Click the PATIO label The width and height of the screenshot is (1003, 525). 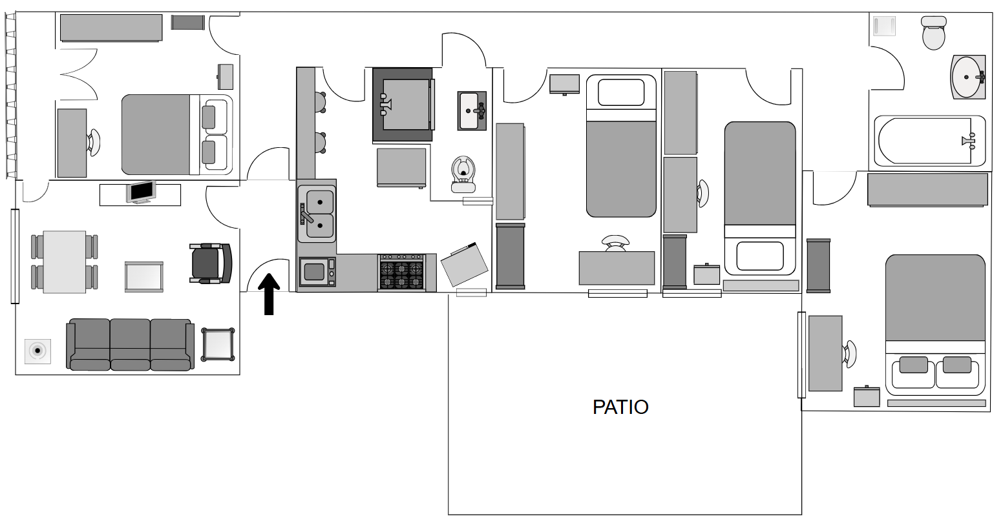click(x=620, y=407)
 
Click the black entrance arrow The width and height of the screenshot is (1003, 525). click(x=269, y=294)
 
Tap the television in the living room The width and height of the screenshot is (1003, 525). click(x=141, y=192)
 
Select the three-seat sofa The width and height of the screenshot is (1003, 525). click(x=131, y=345)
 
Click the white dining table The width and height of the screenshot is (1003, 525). click(x=65, y=262)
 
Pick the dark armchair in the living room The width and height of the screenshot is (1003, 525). click(x=211, y=263)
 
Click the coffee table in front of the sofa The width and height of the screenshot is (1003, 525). click(x=143, y=276)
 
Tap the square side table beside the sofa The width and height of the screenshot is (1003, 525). click(x=218, y=344)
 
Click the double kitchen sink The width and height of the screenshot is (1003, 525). click(x=317, y=214)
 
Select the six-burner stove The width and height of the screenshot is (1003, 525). click(x=401, y=273)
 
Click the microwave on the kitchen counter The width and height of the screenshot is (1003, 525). click(x=317, y=271)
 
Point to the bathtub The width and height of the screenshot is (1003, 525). click(x=929, y=141)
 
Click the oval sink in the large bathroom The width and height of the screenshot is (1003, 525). click(x=968, y=77)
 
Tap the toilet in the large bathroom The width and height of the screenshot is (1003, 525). click(x=934, y=32)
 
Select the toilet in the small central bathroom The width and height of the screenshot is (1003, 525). click(x=463, y=174)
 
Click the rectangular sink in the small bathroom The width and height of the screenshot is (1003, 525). click(x=472, y=110)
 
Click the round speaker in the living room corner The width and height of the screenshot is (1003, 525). click(x=37, y=351)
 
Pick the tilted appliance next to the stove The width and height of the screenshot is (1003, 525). click(x=464, y=264)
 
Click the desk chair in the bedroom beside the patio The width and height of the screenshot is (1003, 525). click(x=850, y=354)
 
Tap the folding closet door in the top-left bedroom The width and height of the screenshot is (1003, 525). click(x=79, y=74)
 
